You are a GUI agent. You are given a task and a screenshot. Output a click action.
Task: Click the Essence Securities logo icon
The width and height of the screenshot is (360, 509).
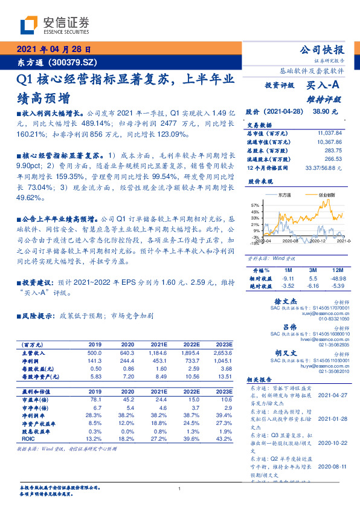pos(31,25)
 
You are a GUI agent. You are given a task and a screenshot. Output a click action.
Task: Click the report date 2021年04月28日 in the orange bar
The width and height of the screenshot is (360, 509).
pos(53,50)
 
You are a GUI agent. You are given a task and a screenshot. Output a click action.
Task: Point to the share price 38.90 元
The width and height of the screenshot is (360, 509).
pos(325,112)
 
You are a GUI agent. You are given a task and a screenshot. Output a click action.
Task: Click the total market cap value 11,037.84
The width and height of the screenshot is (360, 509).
pos(329,132)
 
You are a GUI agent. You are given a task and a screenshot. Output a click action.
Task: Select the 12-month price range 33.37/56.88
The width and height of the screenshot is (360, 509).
pos(325,167)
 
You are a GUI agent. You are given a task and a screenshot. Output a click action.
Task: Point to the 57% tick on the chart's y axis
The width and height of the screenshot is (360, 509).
pos(256,206)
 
